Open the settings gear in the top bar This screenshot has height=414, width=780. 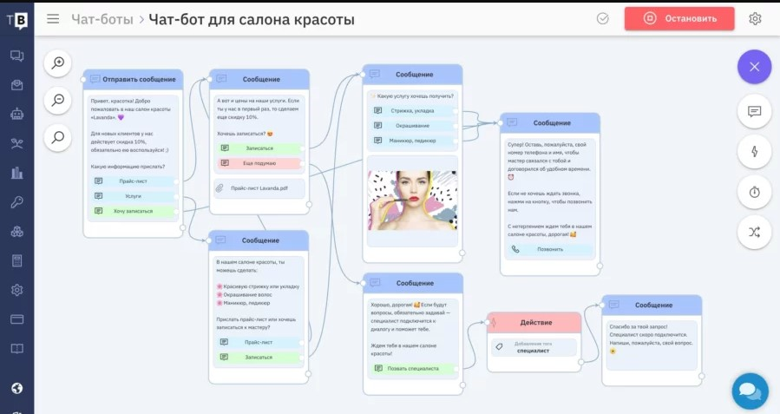pyautogui.click(x=755, y=18)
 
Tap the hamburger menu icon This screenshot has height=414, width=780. pyautogui.click(x=53, y=18)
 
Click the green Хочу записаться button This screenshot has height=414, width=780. pyautogui.click(x=134, y=211)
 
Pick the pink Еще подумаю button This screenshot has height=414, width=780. pyautogui.click(x=259, y=163)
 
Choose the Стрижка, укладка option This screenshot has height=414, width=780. pyautogui.click(x=412, y=111)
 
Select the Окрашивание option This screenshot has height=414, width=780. pyautogui.click(x=412, y=126)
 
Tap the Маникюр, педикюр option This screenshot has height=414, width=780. pyautogui.click(x=412, y=141)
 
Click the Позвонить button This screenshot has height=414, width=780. pyautogui.click(x=550, y=249)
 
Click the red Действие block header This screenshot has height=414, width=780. pyautogui.click(x=534, y=322)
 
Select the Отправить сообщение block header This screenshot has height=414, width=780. pyautogui.click(x=134, y=79)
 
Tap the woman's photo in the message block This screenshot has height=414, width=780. pyautogui.click(x=412, y=200)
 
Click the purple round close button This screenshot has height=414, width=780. pyautogui.click(x=754, y=67)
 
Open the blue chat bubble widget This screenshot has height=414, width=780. pyautogui.click(x=750, y=391)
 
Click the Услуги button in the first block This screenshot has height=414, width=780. pyautogui.click(x=134, y=196)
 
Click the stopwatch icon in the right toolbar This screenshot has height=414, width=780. pyautogui.click(x=754, y=192)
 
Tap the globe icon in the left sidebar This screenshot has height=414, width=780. pyautogui.click(x=16, y=388)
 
